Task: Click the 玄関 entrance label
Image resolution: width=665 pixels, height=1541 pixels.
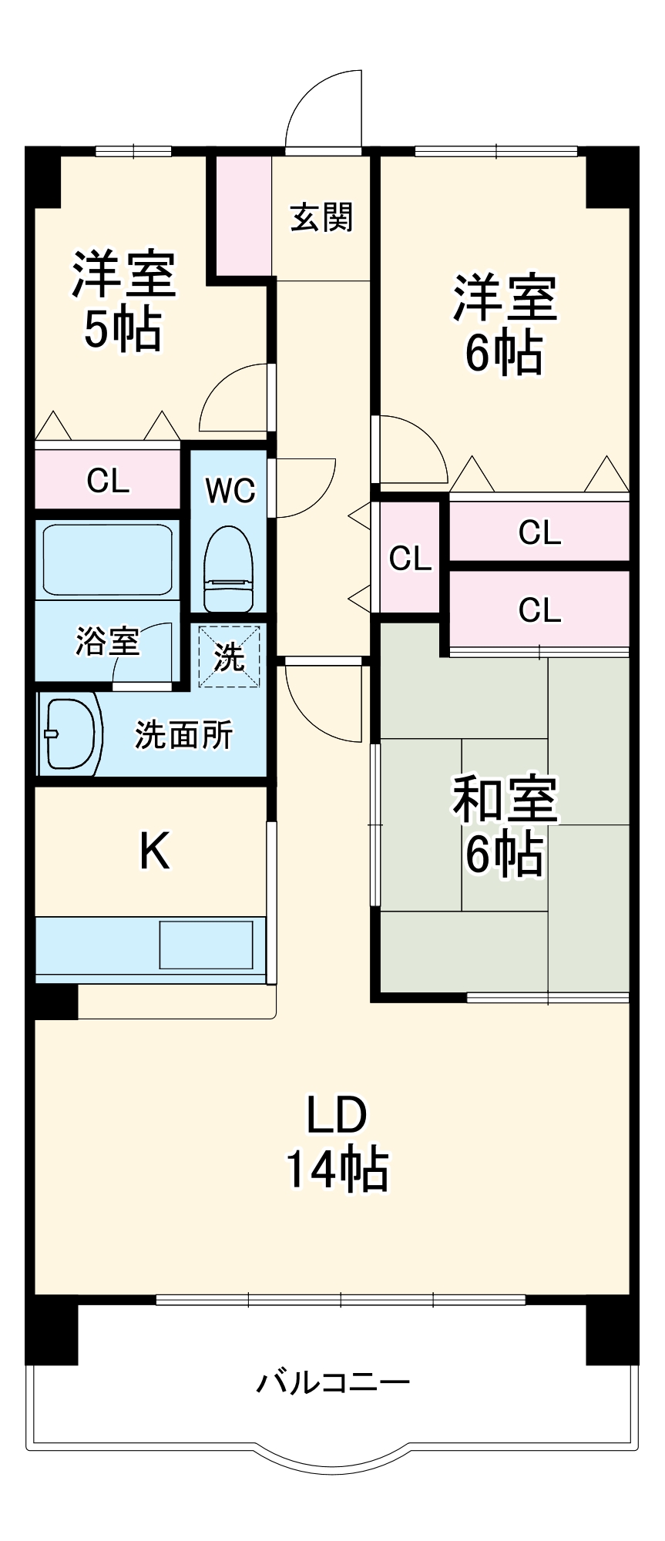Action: pos(321,218)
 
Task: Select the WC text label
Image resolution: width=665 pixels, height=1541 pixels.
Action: pos(230,490)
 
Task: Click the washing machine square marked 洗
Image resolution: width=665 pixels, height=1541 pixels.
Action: pos(230,656)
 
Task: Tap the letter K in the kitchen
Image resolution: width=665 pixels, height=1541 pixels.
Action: pos(154,851)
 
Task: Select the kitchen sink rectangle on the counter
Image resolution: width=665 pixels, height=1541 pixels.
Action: pos(206,945)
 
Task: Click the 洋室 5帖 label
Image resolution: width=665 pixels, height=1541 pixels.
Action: pos(123,300)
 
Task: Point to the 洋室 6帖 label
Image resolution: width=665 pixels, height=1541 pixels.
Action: pos(505,324)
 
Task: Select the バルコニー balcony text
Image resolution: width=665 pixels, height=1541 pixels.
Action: pos(333,1382)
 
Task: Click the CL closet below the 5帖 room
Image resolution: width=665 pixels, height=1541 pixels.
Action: pos(107,481)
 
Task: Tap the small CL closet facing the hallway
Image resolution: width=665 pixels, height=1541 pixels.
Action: pos(409,558)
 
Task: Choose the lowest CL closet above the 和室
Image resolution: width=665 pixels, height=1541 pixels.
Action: pos(539,609)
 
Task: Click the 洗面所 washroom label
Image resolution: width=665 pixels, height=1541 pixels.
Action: pos(183,735)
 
